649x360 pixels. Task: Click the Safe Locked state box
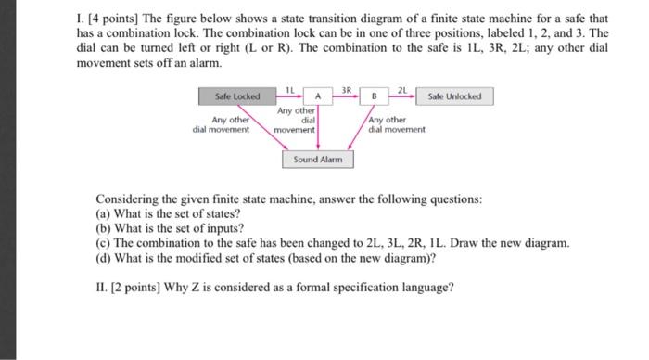pos(237,96)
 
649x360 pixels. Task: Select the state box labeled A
pos(318,96)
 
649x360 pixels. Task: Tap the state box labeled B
pos(375,96)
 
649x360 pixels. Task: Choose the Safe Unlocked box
pos(454,96)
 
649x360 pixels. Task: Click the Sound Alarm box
pos(318,160)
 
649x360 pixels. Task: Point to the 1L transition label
pos(290,90)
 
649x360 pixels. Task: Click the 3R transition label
pos(347,90)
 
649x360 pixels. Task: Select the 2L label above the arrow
pos(402,90)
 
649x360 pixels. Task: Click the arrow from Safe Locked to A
pos(289,96)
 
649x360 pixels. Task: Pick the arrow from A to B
pos(346,96)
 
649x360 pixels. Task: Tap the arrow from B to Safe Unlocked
pos(402,96)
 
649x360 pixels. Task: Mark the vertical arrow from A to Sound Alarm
pos(318,128)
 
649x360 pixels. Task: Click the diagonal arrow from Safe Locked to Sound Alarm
pos(262,128)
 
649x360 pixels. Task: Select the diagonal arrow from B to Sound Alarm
pos(361,128)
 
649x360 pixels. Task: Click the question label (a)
pos(103,213)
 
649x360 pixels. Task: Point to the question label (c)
pos(103,243)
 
